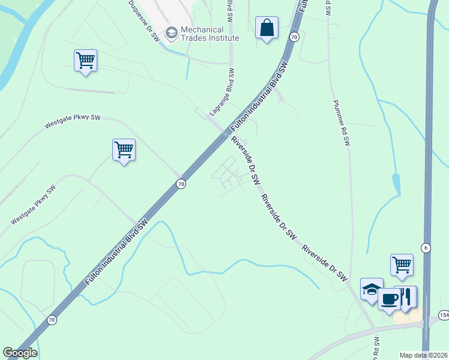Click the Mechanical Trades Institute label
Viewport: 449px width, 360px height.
pyautogui.click(x=210, y=34)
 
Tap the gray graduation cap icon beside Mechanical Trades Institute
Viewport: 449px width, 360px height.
pyautogui.click(x=172, y=33)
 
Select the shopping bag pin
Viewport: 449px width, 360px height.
pyautogui.click(x=267, y=28)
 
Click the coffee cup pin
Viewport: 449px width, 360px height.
pyautogui.click(x=389, y=298)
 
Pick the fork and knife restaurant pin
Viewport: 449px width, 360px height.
pyautogui.click(x=406, y=296)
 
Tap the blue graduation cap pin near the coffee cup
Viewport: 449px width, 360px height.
pyautogui.click(x=372, y=289)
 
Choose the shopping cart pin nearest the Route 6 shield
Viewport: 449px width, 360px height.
pyautogui.click(x=402, y=265)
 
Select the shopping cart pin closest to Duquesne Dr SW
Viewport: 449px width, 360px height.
pyautogui.click(x=86, y=61)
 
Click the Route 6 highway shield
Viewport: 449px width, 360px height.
pyautogui.click(x=426, y=248)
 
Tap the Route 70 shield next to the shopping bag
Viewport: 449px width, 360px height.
pyautogui.click(x=294, y=37)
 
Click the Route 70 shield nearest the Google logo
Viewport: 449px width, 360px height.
pyautogui.click(x=52, y=320)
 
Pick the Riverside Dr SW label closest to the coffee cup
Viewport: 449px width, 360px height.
pyautogui.click(x=325, y=263)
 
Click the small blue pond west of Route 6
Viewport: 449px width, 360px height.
pyautogui.click(x=396, y=182)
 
